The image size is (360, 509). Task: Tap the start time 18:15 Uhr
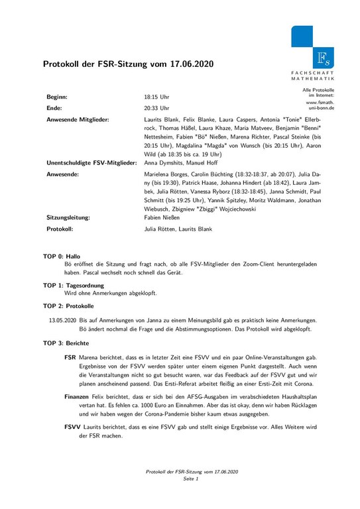coord(156,96)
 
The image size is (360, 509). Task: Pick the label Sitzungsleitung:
coord(68,216)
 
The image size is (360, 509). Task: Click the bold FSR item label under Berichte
coord(70,357)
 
